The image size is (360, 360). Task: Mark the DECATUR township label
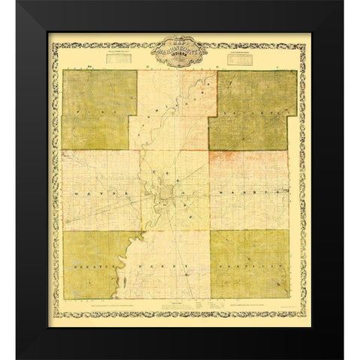click(x=94, y=266)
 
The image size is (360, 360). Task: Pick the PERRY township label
click(x=172, y=265)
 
